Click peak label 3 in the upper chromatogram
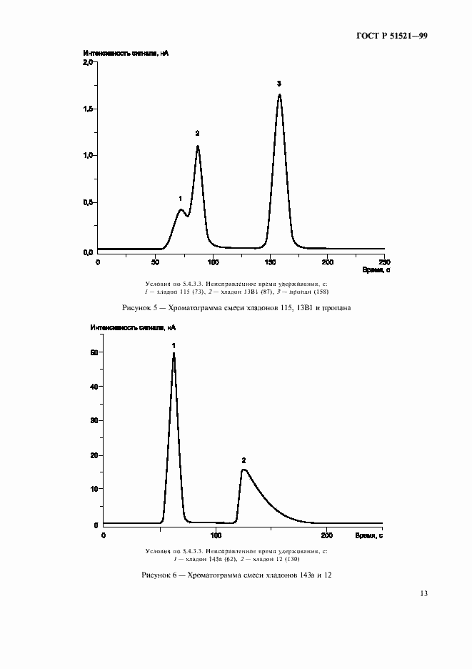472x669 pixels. pyautogui.click(x=279, y=84)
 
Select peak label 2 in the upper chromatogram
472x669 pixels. pyautogui.click(x=197, y=133)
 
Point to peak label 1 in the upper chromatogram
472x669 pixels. pyautogui.click(x=180, y=198)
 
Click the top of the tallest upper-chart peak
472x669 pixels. pyautogui.click(x=279, y=94)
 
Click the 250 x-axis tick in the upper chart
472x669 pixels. pyautogui.click(x=384, y=262)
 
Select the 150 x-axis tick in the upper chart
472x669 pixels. pyautogui.click(x=270, y=262)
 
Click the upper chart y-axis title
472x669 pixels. pyautogui.click(x=126, y=54)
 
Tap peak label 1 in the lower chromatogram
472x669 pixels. pyautogui.click(x=174, y=345)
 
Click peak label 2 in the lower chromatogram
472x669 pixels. pyautogui.click(x=243, y=460)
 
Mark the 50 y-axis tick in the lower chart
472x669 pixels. pyautogui.click(x=93, y=353)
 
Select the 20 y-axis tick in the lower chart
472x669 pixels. pyautogui.click(x=93, y=455)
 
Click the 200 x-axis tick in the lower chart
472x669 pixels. pyautogui.click(x=328, y=535)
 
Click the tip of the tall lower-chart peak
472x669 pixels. pyautogui.click(x=174, y=353)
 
